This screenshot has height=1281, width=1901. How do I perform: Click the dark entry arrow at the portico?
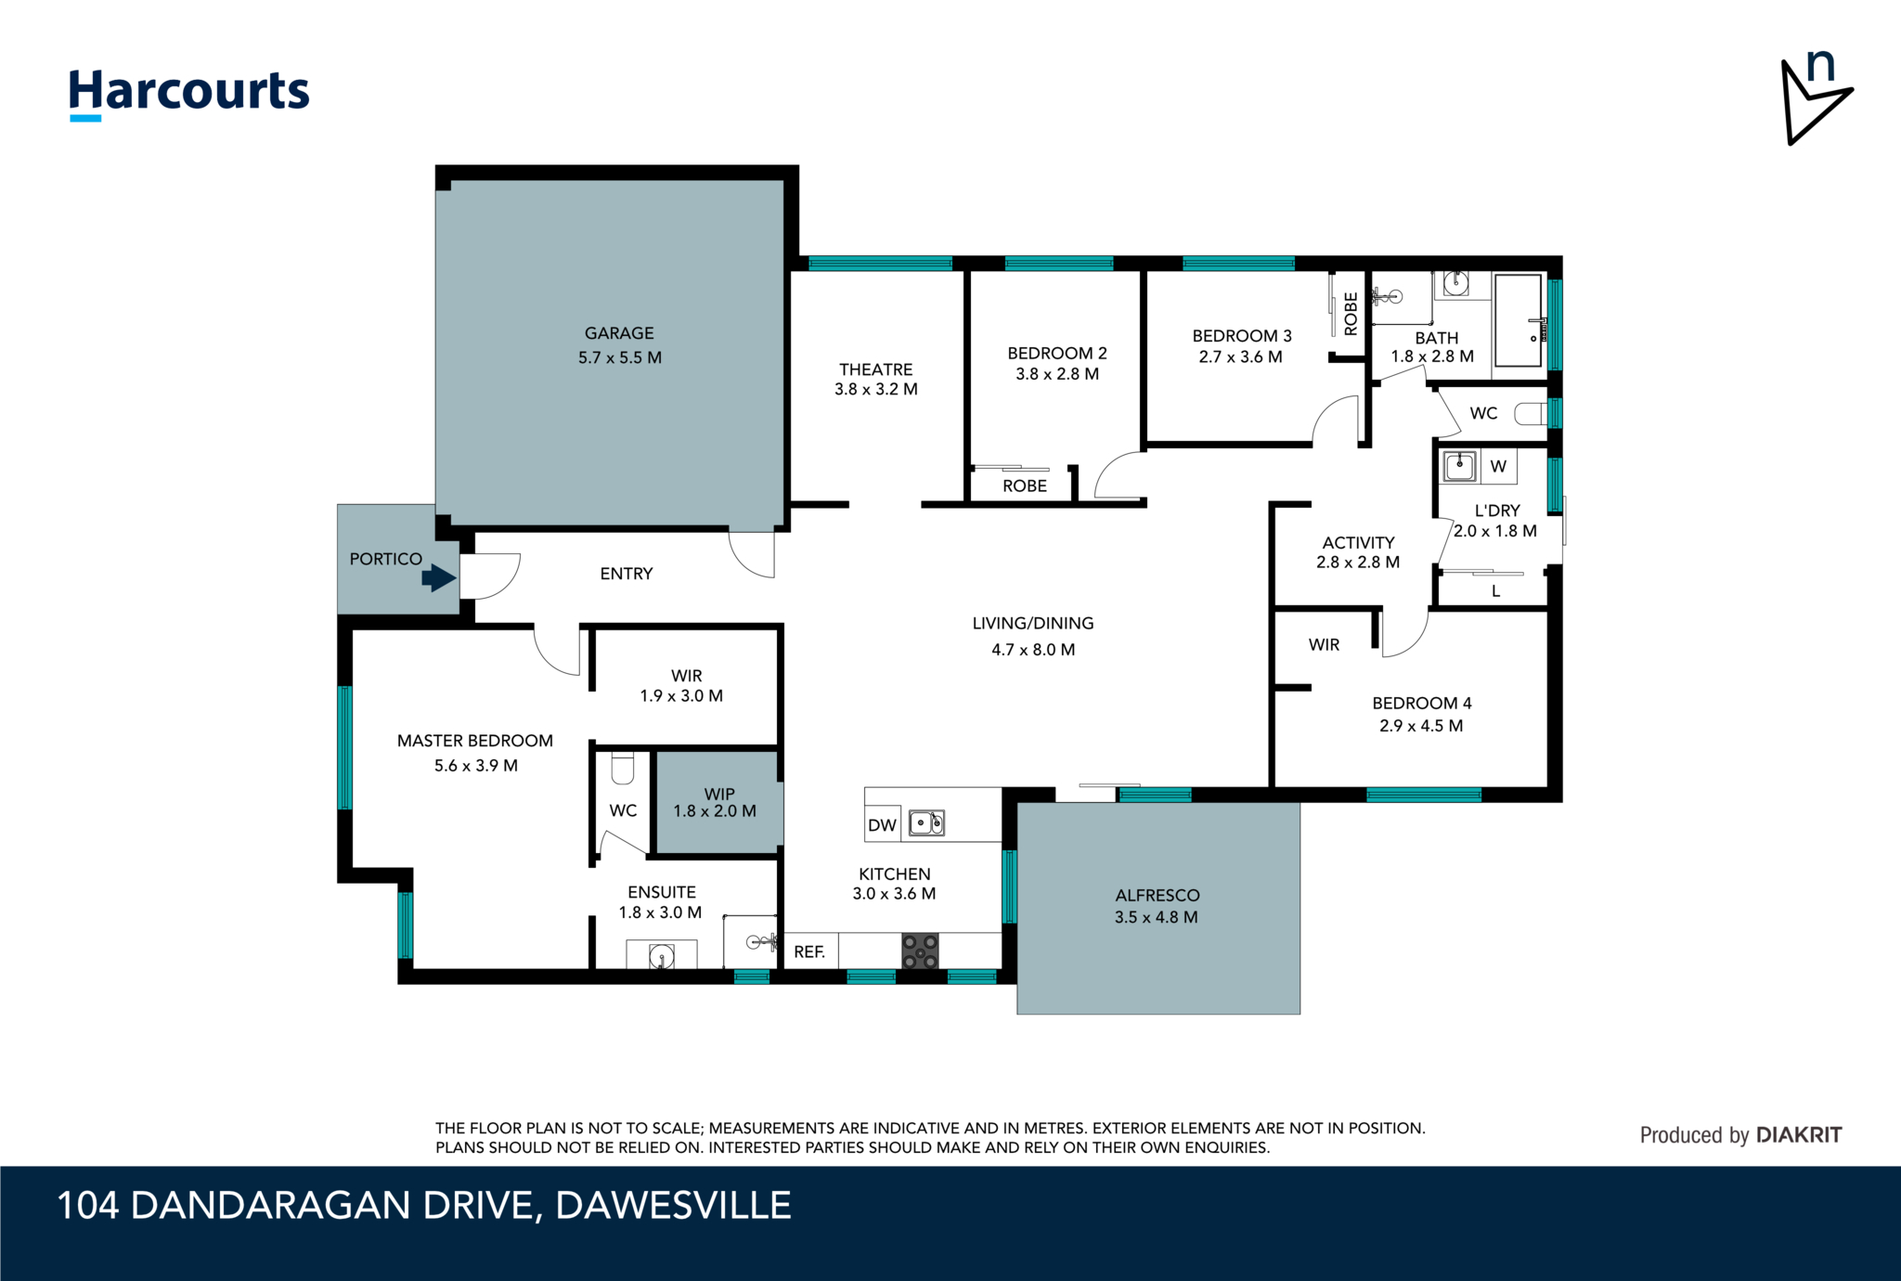click(439, 578)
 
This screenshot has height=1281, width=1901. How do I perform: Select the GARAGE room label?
click(619, 333)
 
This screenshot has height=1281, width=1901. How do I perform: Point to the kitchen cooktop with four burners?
click(921, 951)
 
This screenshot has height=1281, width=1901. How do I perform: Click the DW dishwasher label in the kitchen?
click(882, 825)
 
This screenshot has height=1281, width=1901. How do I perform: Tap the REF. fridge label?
click(809, 951)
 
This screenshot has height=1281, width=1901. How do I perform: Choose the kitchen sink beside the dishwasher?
click(926, 822)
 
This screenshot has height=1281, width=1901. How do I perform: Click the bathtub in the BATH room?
click(1519, 320)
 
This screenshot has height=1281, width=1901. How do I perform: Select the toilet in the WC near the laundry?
click(1531, 413)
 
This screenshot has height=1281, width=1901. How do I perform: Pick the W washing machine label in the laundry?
click(1498, 467)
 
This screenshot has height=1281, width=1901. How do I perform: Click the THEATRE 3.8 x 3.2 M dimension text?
click(876, 390)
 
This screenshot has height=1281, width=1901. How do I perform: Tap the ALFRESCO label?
click(1157, 896)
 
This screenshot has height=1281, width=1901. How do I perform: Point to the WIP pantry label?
click(719, 795)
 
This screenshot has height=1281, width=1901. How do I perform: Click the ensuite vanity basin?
click(662, 955)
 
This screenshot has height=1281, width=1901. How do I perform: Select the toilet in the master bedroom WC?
click(622, 768)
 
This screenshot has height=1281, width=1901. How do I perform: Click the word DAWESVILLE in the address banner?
click(673, 1206)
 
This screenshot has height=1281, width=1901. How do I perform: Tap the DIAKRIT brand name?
click(1799, 1135)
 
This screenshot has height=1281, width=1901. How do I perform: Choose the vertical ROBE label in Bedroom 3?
click(1351, 314)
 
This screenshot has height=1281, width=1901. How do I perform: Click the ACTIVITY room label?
click(1359, 543)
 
